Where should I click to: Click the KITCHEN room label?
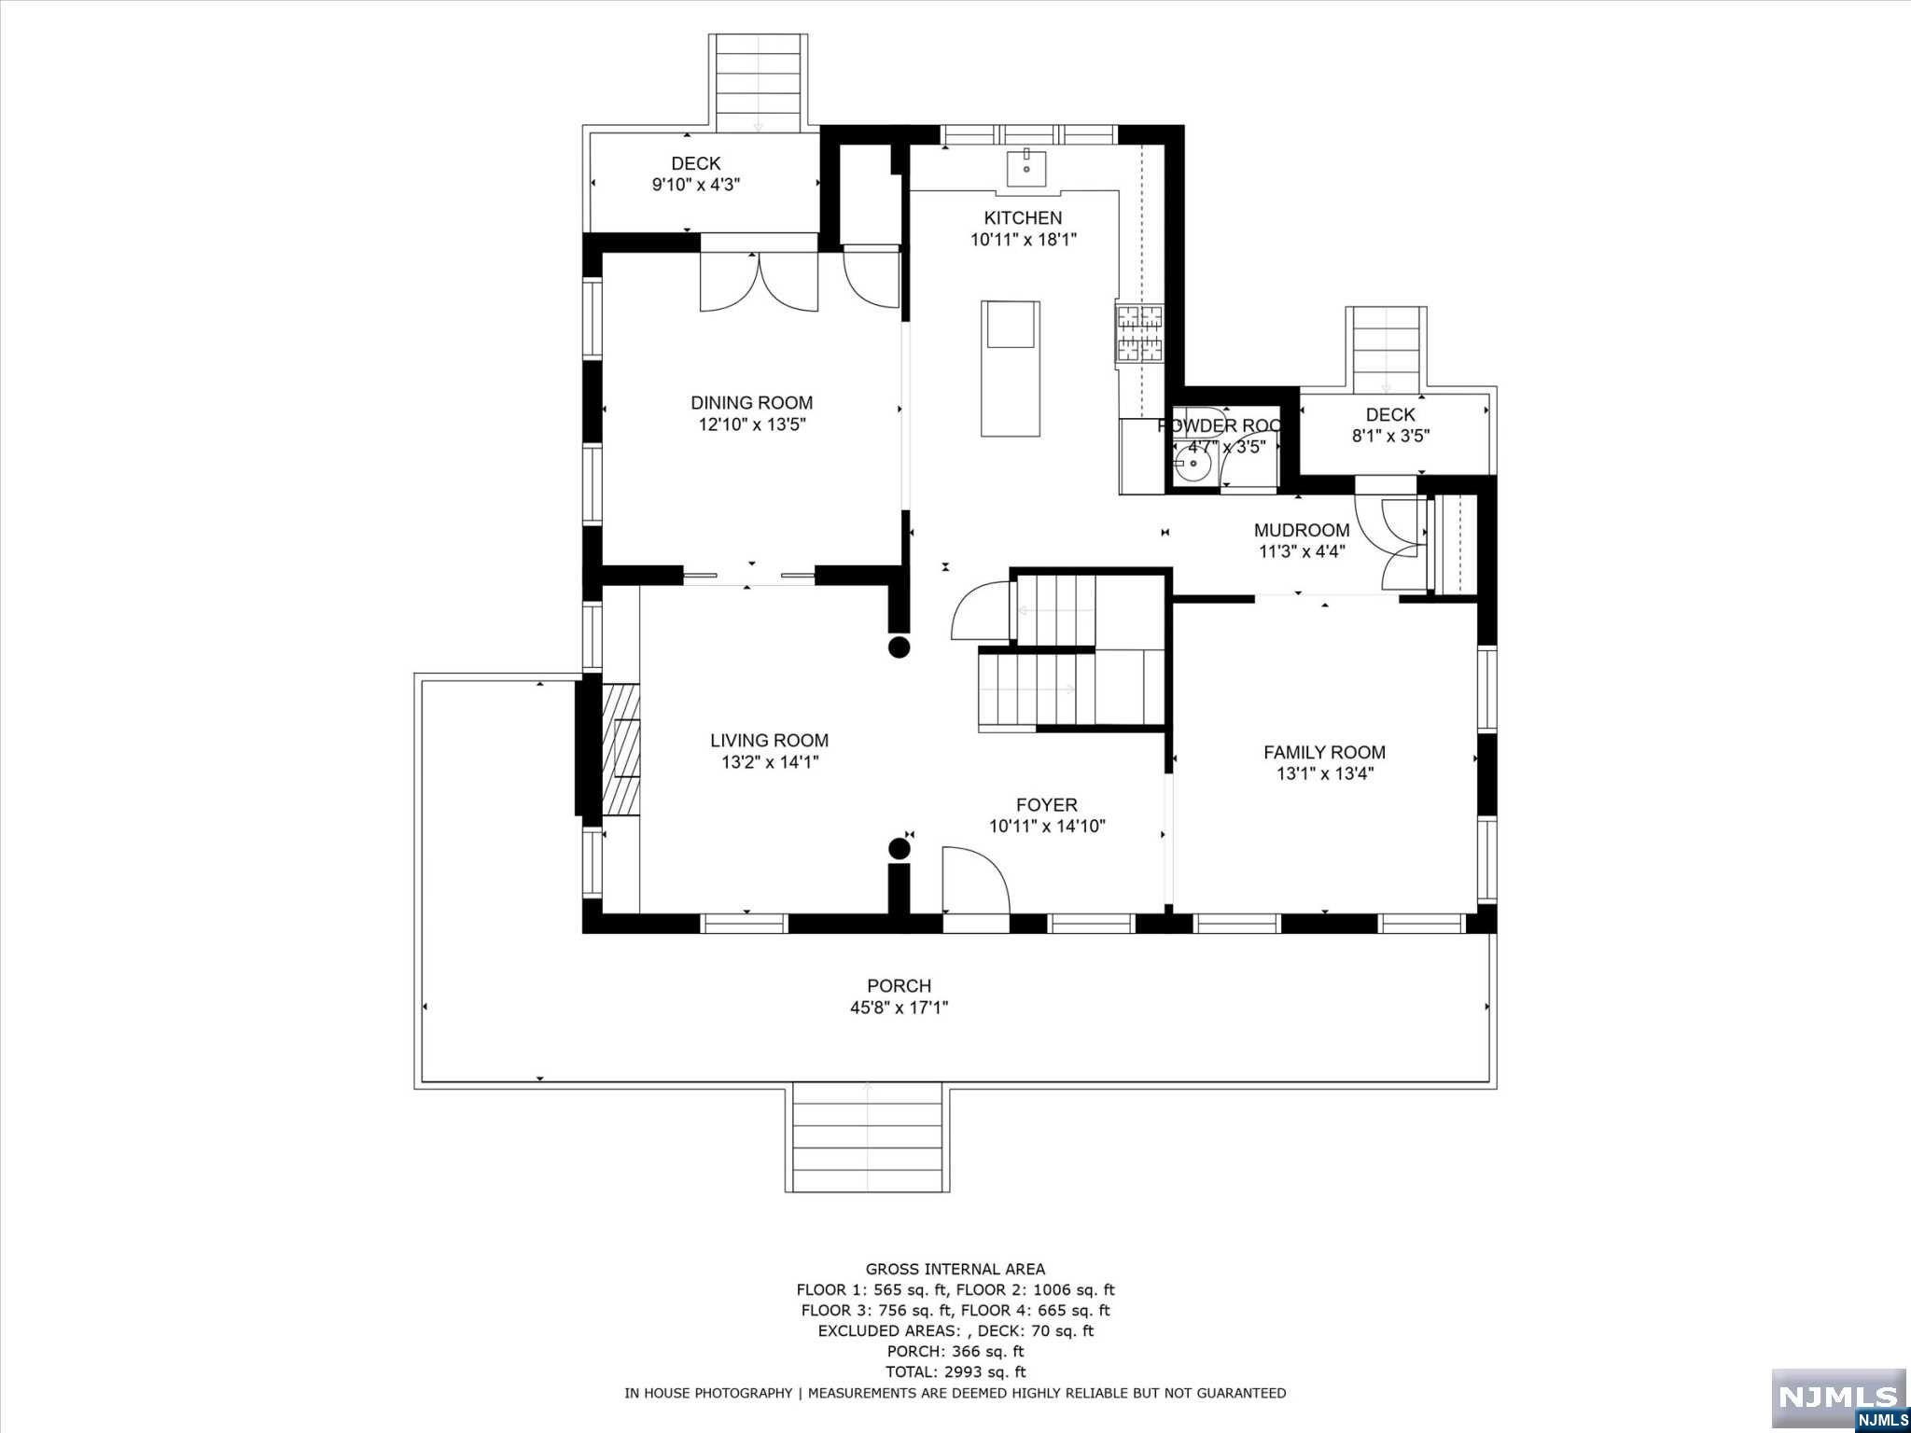(x=1023, y=217)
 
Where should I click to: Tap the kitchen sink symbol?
(x=1025, y=170)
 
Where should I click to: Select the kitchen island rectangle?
(x=1010, y=369)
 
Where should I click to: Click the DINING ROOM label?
(x=751, y=403)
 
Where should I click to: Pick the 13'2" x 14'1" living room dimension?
(x=770, y=762)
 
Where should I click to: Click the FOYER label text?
(x=1046, y=804)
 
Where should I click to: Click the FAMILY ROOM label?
(x=1324, y=752)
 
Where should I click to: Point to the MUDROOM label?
(x=1301, y=530)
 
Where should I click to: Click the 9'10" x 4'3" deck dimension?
(x=695, y=185)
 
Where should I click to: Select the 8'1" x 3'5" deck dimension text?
(x=1390, y=436)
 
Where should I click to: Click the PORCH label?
(x=899, y=985)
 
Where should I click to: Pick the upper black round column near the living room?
(x=899, y=647)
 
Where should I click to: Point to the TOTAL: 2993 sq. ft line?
(x=955, y=1371)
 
